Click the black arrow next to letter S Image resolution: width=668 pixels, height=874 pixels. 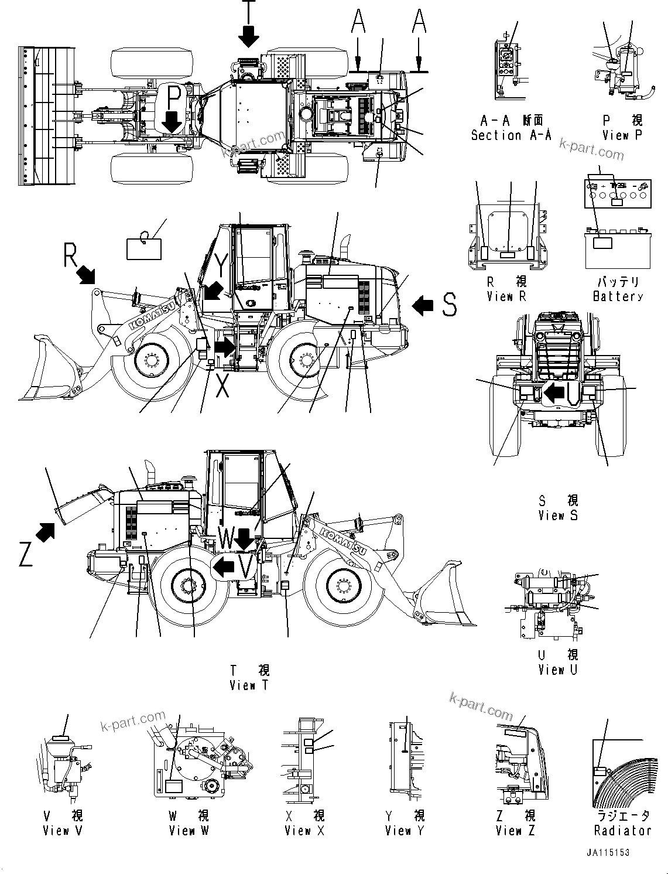click(x=423, y=305)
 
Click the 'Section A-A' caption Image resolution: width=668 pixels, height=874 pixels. click(x=511, y=135)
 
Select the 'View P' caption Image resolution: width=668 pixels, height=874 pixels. click(x=623, y=135)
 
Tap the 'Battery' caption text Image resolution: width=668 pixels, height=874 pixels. click(x=618, y=296)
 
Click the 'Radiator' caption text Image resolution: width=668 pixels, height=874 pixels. click(x=622, y=830)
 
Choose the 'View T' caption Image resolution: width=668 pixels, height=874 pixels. click(x=249, y=685)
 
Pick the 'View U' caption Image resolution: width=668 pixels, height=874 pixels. click(x=558, y=670)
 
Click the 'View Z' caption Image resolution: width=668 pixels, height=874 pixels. click(x=515, y=830)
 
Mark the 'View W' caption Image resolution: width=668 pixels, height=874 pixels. click(x=189, y=830)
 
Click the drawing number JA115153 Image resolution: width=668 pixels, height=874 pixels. click(x=609, y=853)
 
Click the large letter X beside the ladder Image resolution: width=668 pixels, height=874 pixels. click(x=222, y=385)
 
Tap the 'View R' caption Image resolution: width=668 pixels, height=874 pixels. click(x=506, y=296)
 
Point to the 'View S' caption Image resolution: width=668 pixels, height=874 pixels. click(x=558, y=515)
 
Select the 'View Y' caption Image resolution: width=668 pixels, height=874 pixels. click(x=405, y=830)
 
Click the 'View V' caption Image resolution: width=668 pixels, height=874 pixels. click(x=63, y=830)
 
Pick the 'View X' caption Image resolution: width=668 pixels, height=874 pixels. click(x=304, y=830)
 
